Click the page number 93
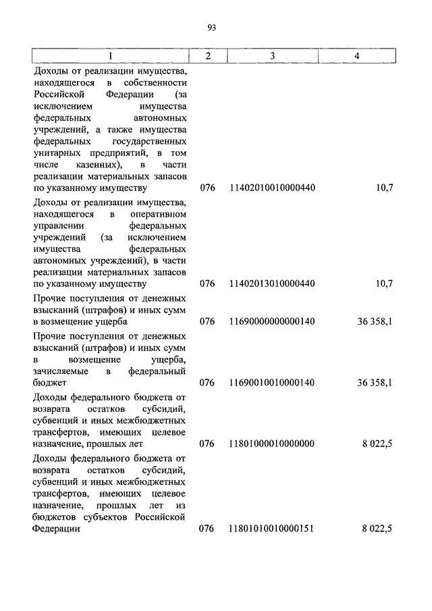point(212,28)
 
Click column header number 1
point(111,57)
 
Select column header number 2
point(208,57)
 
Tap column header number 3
point(272,57)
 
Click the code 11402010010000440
point(272,188)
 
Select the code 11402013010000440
point(272,284)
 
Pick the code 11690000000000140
point(272,321)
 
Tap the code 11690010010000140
point(272,382)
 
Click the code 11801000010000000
point(272,444)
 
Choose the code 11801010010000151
point(272,529)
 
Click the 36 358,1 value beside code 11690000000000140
point(375,321)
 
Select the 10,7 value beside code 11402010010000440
point(383,188)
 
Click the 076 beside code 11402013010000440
point(207,284)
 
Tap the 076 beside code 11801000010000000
point(207,444)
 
